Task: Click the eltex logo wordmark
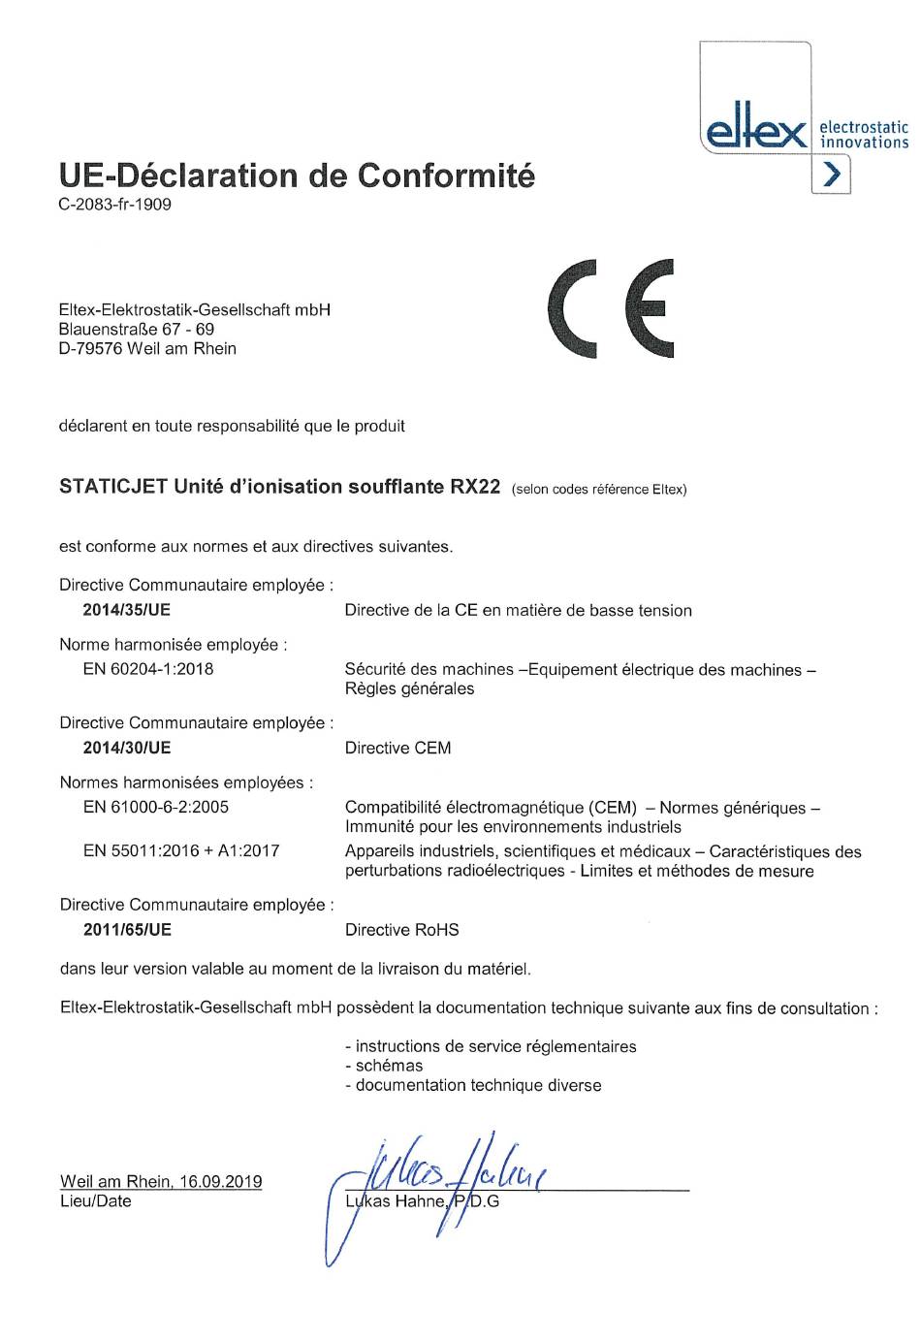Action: point(756,132)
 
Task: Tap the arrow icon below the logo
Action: point(831,175)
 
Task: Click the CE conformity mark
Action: point(611,309)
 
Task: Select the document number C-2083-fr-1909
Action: point(115,205)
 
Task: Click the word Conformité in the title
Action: point(446,176)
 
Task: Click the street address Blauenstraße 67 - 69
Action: point(137,330)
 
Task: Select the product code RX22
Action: point(475,487)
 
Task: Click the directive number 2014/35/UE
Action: point(126,610)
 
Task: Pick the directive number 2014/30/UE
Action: point(126,748)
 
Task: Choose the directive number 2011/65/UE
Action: point(127,930)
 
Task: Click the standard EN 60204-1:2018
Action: point(148,669)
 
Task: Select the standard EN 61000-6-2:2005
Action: point(156,807)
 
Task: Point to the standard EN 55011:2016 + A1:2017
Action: point(181,851)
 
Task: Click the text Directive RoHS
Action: point(401,930)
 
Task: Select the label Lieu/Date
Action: point(95,1201)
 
